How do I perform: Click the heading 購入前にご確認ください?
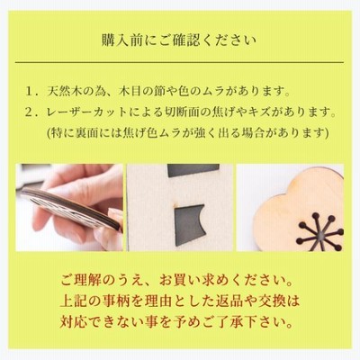click(x=179, y=40)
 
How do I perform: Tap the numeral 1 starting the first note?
click(x=30, y=91)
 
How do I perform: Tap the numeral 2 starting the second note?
click(x=29, y=112)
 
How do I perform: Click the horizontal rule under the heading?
click(x=179, y=62)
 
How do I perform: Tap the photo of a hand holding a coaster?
click(x=69, y=207)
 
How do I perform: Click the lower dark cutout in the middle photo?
click(x=189, y=223)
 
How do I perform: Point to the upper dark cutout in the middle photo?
click(x=193, y=170)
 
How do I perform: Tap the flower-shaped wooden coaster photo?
click(x=290, y=207)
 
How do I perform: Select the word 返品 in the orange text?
click(x=229, y=301)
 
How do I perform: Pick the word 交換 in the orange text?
click(x=273, y=301)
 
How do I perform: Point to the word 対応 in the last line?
click(x=73, y=321)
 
